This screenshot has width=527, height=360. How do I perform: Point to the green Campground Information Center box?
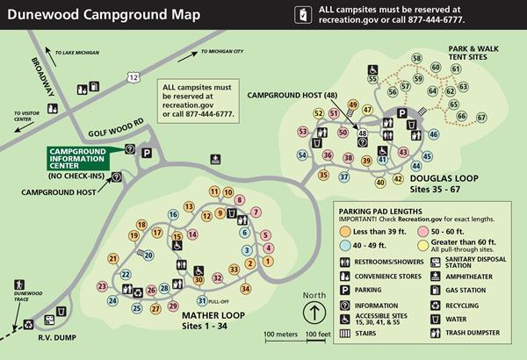coord(82,159)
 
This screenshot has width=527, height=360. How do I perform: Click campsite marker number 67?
coord(480,118)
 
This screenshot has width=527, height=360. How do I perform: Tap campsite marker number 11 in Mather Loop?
coord(213,191)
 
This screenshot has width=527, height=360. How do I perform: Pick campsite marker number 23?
coord(102,287)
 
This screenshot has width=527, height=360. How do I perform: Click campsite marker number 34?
coord(245,289)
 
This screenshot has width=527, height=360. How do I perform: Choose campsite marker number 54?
coord(303,155)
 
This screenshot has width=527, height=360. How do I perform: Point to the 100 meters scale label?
coord(282,334)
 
